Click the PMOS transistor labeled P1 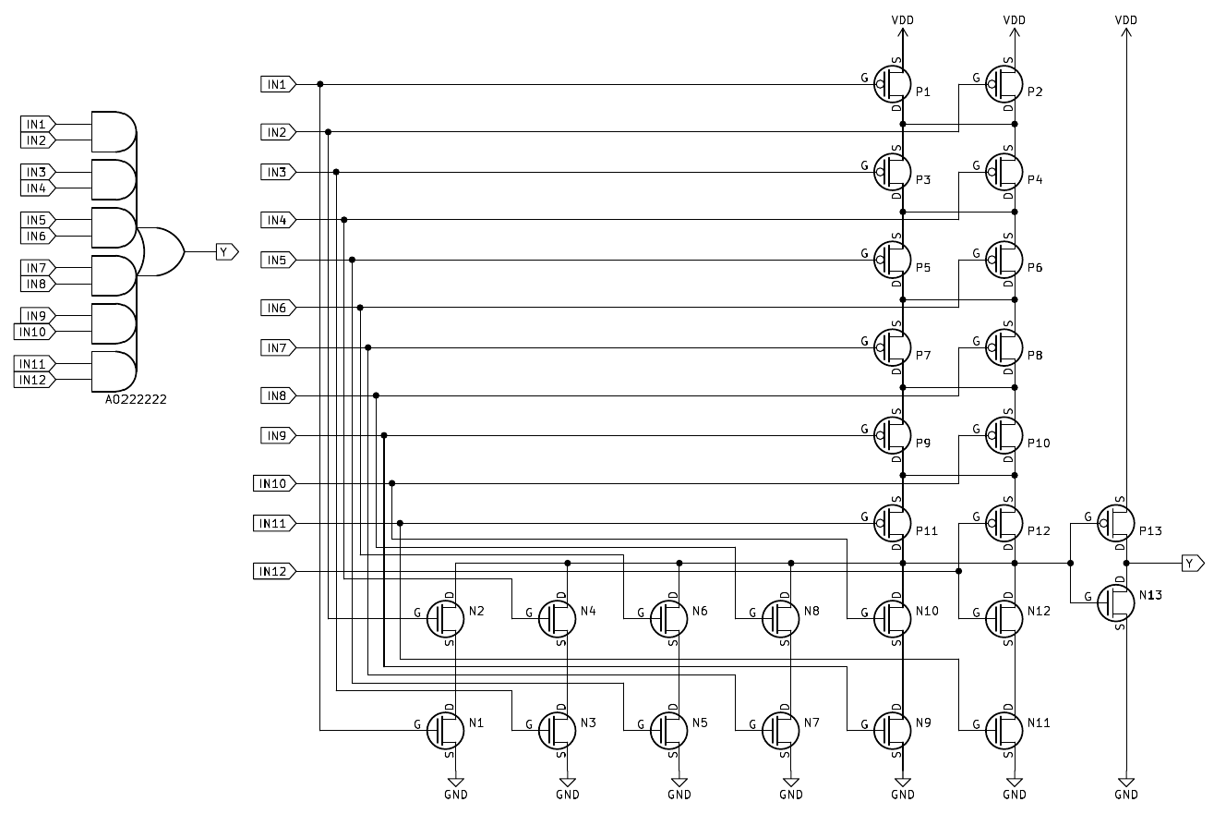point(893,84)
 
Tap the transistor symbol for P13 point(1116,524)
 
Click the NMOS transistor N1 point(446,730)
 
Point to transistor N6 point(669,618)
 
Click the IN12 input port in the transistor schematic point(273,572)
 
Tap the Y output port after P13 point(1193,563)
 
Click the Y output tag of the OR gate point(227,251)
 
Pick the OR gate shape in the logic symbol point(162,251)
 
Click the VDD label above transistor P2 point(1014,19)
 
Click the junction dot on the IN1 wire point(320,84)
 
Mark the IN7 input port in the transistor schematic point(277,347)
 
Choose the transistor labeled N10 point(893,618)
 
